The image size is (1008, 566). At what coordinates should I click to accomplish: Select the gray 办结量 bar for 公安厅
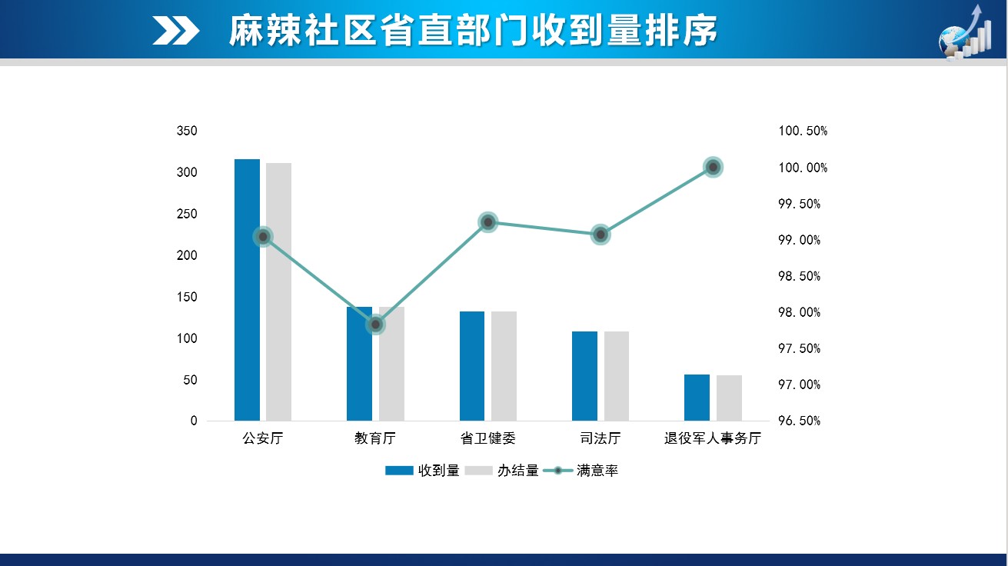pyautogui.click(x=278, y=292)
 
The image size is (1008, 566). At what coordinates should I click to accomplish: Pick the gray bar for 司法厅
pyautogui.click(x=616, y=376)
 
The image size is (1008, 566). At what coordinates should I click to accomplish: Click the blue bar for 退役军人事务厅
pyautogui.click(x=697, y=398)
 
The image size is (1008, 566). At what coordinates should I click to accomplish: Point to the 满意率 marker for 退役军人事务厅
pyautogui.click(x=713, y=167)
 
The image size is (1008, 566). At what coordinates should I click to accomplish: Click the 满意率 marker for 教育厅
pyautogui.click(x=375, y=325)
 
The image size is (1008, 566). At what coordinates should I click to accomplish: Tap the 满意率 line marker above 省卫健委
pyautogui.click(x=487, y=222)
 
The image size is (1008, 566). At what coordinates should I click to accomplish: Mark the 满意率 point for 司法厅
pyautogui.click(x=600, y=235)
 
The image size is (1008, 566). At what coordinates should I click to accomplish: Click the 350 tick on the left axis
pyautogui.click(x=187, y=132)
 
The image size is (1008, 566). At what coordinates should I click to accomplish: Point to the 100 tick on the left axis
pyautogui.click(x=187, y=338)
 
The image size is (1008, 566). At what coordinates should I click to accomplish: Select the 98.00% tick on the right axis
pyautogui.click(x=799, y=312)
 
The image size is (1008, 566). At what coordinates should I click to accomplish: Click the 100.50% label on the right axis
pyautogui.click(x=803, y=132)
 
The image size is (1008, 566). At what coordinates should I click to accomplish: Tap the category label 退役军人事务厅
pyautogui.click(x=713, y=439)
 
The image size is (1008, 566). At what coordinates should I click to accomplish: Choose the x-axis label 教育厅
pyautogui.click(x=375, y=439)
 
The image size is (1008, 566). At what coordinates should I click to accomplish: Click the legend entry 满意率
pyautogui.click(x=597, y=471)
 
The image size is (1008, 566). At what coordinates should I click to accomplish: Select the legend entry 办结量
pyautogui.click(x=517, y=471)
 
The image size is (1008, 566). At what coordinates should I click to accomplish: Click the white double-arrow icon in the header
pyautogui.click(x=176, y=31)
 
